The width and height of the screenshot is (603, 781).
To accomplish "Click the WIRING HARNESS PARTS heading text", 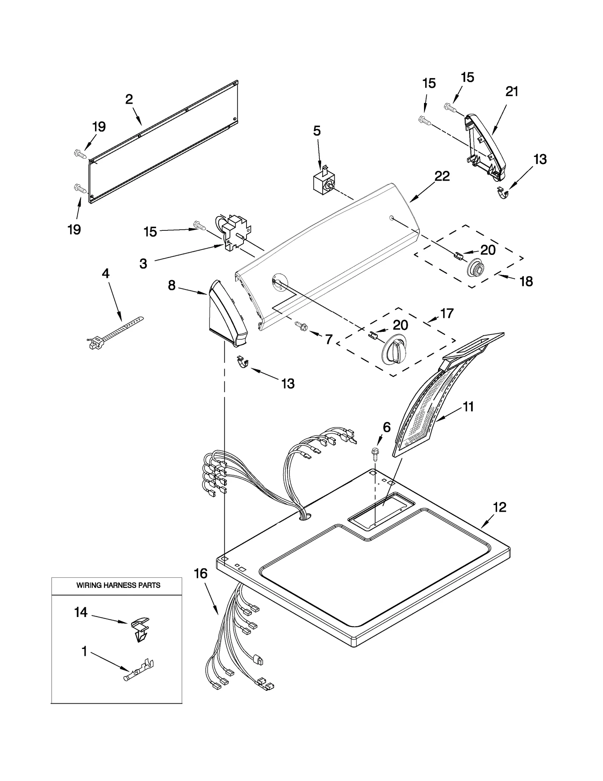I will point(118,585).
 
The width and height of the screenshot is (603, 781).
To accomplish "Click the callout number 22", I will point(442,176).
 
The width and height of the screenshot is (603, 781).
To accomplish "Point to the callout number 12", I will point(499,507).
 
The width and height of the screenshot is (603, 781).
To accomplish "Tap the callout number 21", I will point(512,91).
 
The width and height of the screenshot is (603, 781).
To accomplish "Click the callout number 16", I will point(200,574).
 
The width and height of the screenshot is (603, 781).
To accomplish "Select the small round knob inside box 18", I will point(476,269).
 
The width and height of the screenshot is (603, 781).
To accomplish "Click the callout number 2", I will point(129,100).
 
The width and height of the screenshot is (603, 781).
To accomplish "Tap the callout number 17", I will point(447,313).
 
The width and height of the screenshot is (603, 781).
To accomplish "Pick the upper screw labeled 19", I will point(80,153).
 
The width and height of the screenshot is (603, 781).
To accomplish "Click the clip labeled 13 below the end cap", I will point(243,363).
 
